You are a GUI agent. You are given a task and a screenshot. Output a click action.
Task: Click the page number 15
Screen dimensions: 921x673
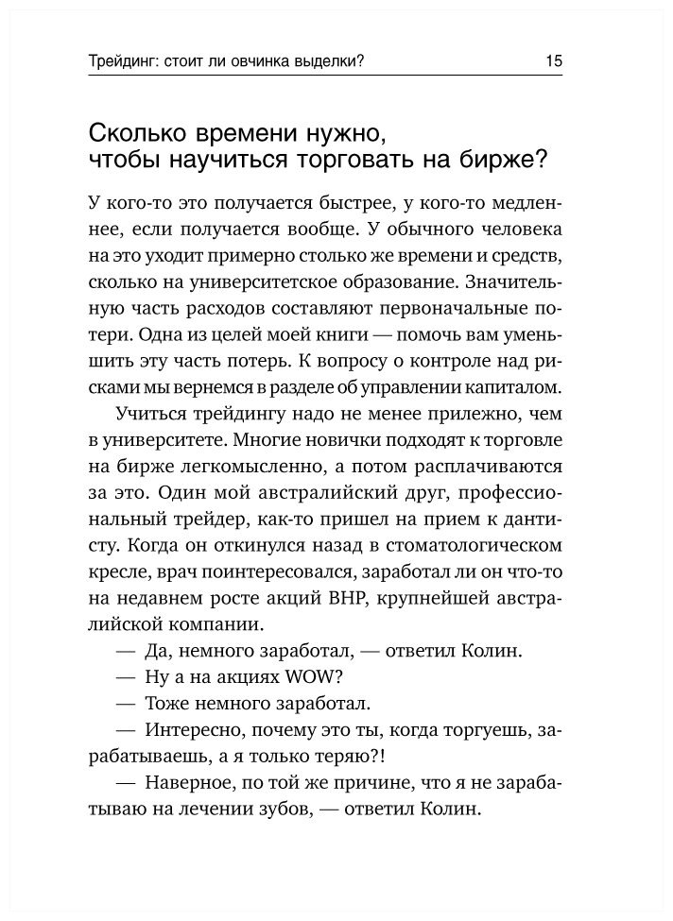coord(553,62)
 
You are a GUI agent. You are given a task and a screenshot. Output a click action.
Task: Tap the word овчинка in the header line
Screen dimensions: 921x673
coord(276,62)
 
